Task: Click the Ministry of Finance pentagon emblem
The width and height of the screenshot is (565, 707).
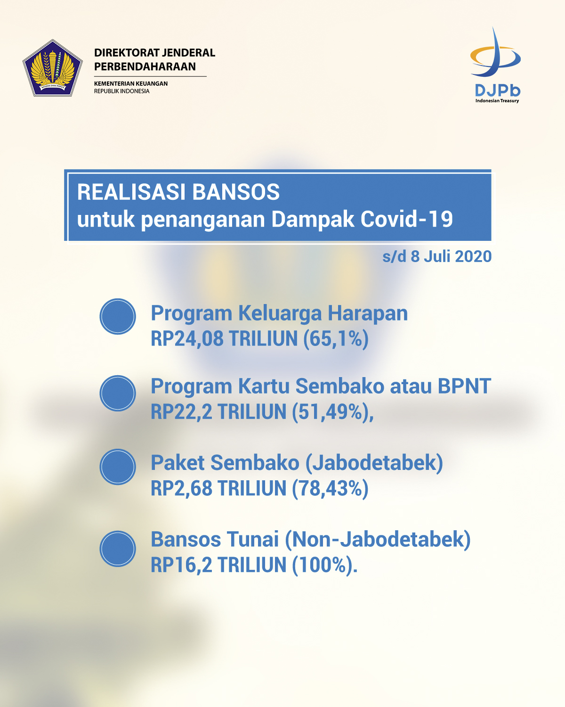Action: (53, 68)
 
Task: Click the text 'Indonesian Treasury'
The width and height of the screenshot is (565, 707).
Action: (497, 100)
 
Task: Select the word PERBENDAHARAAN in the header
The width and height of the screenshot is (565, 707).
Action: (145, 66)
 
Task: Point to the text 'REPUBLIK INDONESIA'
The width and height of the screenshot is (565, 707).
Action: (122, 91)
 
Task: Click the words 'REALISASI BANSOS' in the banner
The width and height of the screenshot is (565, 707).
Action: (178, 192)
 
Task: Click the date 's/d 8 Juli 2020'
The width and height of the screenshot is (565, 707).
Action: (437, 256)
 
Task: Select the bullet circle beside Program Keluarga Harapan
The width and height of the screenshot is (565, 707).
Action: (118, 316)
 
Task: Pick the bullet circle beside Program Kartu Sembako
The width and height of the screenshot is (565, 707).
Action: (118, 393)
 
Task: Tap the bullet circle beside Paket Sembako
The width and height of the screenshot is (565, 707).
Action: (118, 467)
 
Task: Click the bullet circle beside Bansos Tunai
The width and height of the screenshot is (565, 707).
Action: (118, 549)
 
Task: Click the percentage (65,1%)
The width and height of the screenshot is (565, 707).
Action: (336, 339)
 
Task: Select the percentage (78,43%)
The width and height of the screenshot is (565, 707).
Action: (330, 488)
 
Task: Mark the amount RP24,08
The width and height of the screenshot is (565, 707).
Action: (187, 339)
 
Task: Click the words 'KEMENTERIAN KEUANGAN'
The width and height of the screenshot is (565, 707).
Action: (131, 83)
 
